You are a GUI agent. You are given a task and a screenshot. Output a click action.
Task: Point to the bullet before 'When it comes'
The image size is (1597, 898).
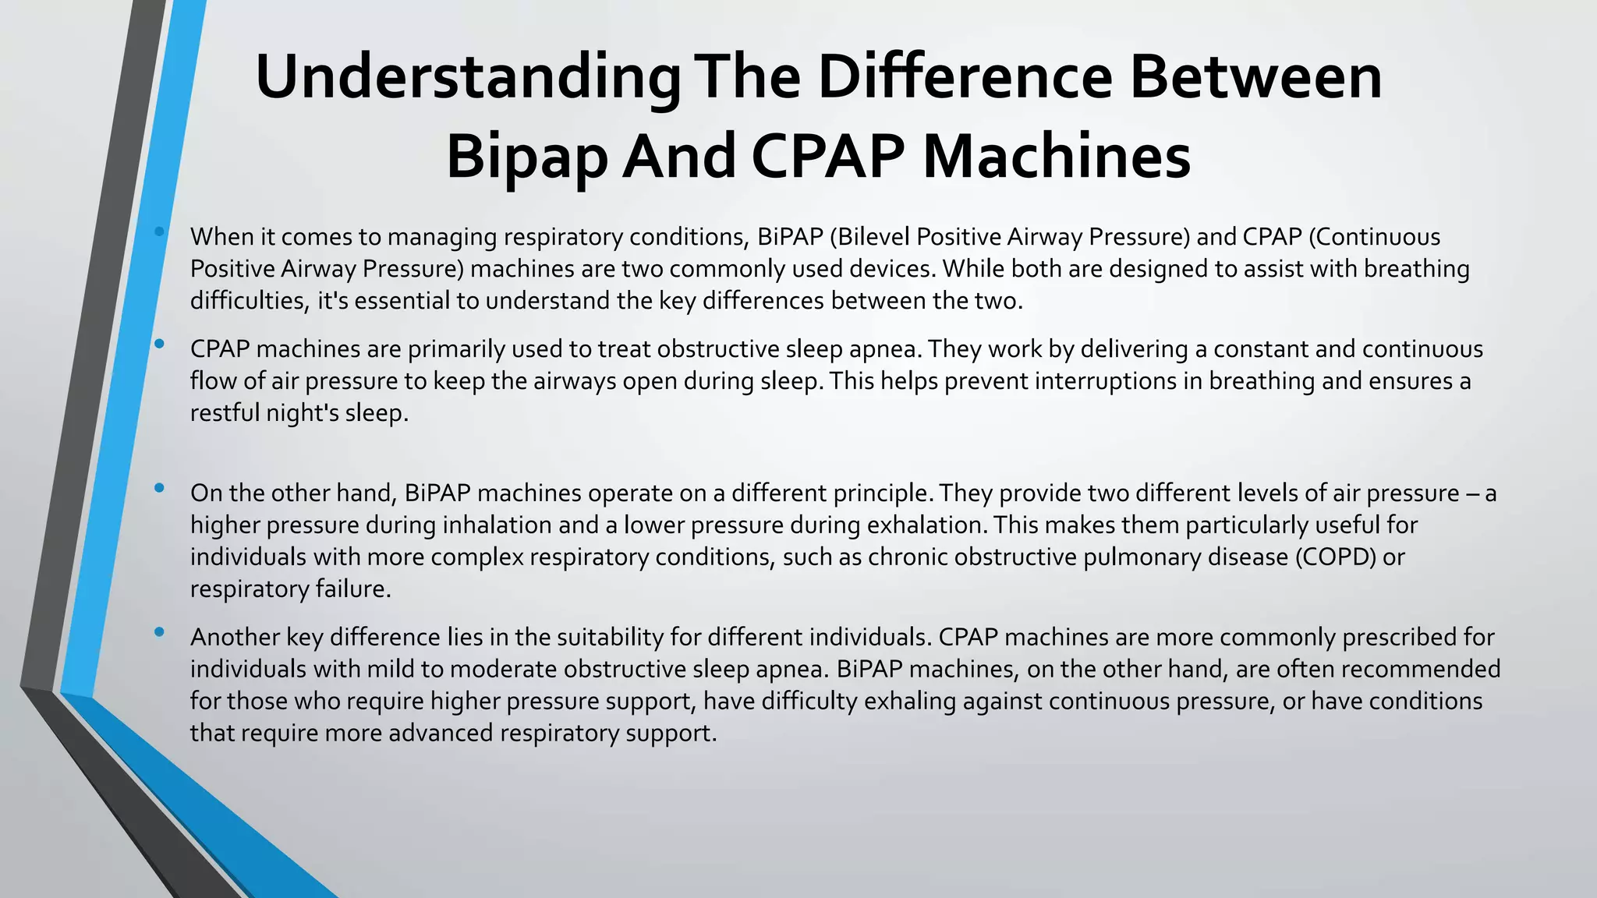coord(160,232)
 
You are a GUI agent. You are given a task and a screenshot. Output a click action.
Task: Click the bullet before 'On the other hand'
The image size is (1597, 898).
coord(160,488)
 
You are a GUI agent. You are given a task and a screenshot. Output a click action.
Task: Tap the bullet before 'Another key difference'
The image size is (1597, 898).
coord(160,632)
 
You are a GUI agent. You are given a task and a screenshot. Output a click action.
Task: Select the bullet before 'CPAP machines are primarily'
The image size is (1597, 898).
coord(160,344)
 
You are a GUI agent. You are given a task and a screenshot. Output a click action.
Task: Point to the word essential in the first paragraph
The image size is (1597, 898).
coord(402,301)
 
